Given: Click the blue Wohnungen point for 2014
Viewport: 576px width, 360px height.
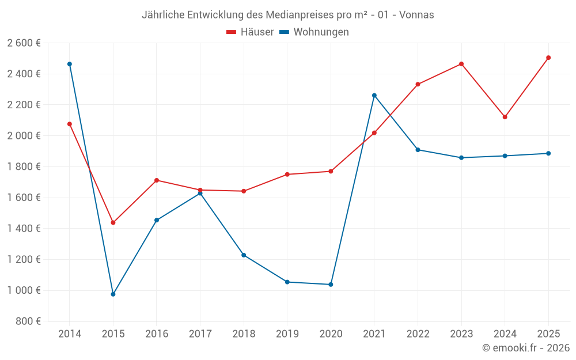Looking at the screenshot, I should click(70, 64).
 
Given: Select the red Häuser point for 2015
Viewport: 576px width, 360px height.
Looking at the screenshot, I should click(113, 222).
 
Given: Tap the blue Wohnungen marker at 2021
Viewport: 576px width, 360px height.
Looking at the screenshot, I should click(374, 95).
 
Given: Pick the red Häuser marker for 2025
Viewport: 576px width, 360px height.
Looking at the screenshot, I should click(548, 58).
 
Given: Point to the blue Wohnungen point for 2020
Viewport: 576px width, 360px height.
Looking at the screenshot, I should click(331, 285).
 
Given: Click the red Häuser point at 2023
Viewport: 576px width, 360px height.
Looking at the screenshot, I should click(461, 64).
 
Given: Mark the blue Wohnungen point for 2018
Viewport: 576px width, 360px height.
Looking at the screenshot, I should click(244, 255).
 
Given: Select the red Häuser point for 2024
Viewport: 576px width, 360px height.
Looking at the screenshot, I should click(505, 117).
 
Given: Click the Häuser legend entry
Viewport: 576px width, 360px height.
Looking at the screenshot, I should click(250, 32).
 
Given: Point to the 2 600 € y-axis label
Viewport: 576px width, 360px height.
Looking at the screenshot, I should click(24, 43).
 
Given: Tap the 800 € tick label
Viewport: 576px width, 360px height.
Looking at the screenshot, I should click(28, 321).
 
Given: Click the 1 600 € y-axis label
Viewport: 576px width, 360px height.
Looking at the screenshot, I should click(24, 198).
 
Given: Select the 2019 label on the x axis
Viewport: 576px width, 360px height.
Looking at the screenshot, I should click(287, 334).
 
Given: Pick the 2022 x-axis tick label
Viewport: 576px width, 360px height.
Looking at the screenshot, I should click(418, 334).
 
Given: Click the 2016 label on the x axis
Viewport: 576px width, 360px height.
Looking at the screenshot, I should click(157, 334).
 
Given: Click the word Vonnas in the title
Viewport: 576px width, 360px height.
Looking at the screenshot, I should click(417, 15).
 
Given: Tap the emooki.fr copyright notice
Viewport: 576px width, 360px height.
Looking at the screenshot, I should click(525, 348).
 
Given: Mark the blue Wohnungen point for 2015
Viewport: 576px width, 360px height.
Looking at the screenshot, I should click(113, 294).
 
